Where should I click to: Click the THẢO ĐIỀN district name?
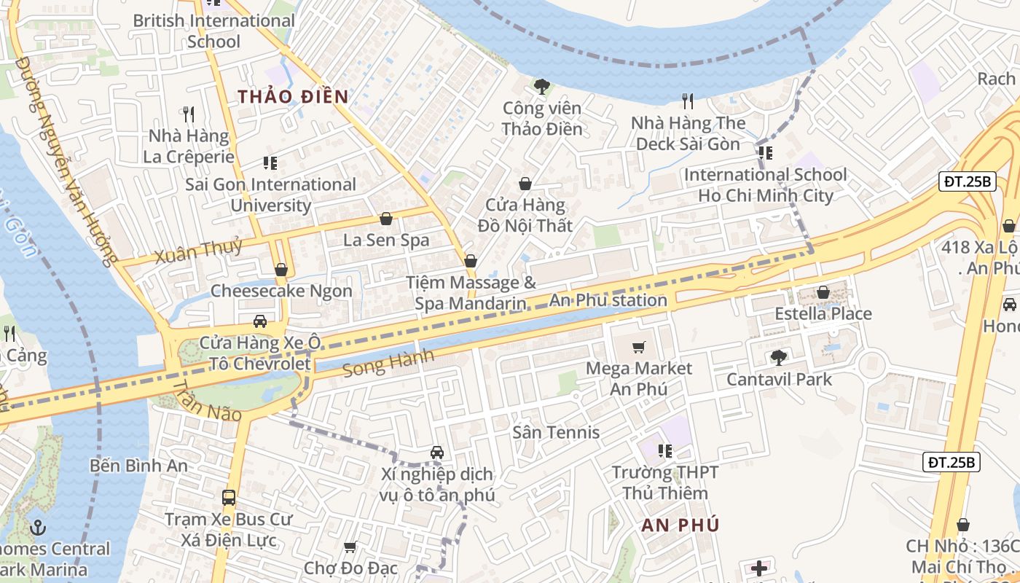[x=293, y=96]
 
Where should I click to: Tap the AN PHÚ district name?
[x=680, y=525]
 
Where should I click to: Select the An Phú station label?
[x=608, y=300]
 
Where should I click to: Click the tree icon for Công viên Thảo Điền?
[x=541, y=87]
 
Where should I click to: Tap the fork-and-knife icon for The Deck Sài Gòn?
[x=687, y=101]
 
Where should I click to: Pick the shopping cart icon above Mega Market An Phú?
[x=639, y=348]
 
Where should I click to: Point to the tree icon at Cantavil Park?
[x=778, y=357]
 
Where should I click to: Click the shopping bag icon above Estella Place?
[x=823, y=292]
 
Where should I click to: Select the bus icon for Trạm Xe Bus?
[x=229, y=498]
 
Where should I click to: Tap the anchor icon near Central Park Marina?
[x=38, y=527]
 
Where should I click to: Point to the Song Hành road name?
[x=388, y=362]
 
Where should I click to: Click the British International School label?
[x=213, y=31]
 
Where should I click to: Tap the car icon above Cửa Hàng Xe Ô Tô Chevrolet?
[x=259, y=321]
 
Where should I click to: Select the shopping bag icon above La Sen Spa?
[x=386, y=219]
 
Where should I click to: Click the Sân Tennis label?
[x=556, y=432]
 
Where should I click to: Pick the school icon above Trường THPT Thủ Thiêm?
[x=664, y=451]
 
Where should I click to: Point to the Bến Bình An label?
[x=139, y=466]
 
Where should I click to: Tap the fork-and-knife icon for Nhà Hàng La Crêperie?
[x=189, y=114]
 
